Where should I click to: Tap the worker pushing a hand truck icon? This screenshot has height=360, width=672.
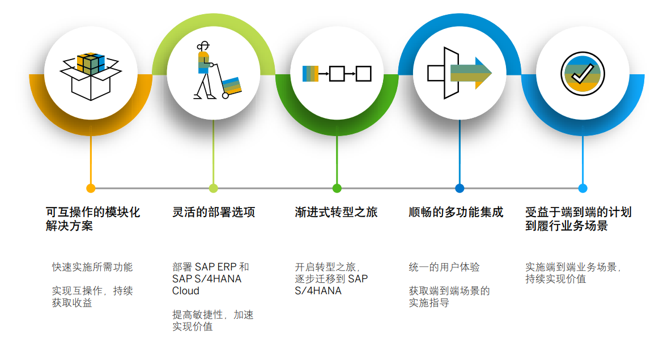pyautogui.click(x=217, y=71)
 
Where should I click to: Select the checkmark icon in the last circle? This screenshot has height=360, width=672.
pyautogui.click(x=582, y=74)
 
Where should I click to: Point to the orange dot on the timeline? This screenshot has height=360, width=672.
pyautogui.click(x=91, y=188)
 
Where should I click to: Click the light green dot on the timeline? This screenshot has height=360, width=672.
pyautogui.click(x=214, y=188)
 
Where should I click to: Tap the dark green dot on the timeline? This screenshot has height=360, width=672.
pyautogui.click(x=337, y=188)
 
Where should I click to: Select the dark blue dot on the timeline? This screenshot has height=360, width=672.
pyautogui.click(x=460, y=188)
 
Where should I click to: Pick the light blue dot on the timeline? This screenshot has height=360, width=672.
pyautogui.click(x=582, y=188)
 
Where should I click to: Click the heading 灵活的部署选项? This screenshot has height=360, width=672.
pyautogui.click(x=214, y=212)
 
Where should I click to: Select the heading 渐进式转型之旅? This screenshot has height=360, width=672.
pyautogui.click(x=336, y=212)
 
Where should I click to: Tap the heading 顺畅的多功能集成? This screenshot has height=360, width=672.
pyautogui.click(x=456, y=212)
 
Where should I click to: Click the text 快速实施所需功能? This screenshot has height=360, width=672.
pyautogui.click(x=92, y=267)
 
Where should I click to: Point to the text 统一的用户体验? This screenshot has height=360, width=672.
pyautogui.click(x=444, y=267)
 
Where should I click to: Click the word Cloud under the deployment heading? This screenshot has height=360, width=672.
pyautogui.click(x=186, y=291)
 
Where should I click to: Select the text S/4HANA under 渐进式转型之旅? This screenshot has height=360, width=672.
pyautogui.click(x=318, y=291)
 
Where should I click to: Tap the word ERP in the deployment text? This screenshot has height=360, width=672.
pyautogui.click(x=227, y=267)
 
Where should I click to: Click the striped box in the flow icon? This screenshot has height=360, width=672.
pyautogui.click(x=311, y=74)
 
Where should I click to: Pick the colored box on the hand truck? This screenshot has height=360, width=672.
pyautogui.click(x=232, y=86)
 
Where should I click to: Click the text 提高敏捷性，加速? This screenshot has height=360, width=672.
pyautogui.click(x=212, y=315)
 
